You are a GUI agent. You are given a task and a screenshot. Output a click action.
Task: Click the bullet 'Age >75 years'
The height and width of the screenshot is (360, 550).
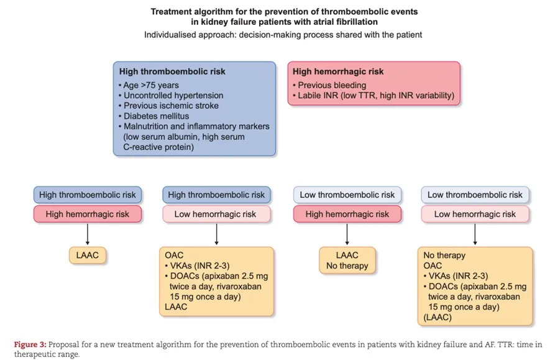pyautogui.click(x=150, y=85)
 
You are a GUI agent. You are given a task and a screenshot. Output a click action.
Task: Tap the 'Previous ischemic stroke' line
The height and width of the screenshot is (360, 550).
pyautogui.click(x=170, y=106)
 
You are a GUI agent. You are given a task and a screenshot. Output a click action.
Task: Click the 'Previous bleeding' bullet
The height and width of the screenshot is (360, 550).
pyautogui.click(x=331, y=85)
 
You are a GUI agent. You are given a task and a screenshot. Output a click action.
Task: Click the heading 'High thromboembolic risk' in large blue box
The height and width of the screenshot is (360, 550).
pyautogui.click(x=172, y=72)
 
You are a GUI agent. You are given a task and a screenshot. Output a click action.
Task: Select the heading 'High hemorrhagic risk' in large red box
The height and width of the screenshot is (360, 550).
pyautogui.click(x=338, y=72)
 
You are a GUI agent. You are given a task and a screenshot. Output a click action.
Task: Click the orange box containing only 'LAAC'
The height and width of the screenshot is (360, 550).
pyautogui.click(x=87, y=255)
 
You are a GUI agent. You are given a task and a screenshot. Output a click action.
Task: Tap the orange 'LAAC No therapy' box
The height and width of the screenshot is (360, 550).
pyautogui.click(x=347, y=261)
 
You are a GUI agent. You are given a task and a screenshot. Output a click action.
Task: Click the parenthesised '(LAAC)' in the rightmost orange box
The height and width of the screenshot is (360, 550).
pyautogui.click(x=438, y=317)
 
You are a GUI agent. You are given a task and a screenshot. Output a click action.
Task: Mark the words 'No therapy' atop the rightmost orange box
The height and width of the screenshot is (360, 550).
pyautogui.click(x=444, y=256)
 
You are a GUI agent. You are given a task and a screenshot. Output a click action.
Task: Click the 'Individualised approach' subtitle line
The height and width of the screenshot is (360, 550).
pyautogui.click(x=283, y=35)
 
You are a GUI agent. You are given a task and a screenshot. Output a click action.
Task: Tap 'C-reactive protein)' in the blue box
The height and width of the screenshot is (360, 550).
pyautogui.click(x=158, y=147)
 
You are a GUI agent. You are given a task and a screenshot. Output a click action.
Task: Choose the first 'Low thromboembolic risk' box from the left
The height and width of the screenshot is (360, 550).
pyautogui.click(x=347, y=195)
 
